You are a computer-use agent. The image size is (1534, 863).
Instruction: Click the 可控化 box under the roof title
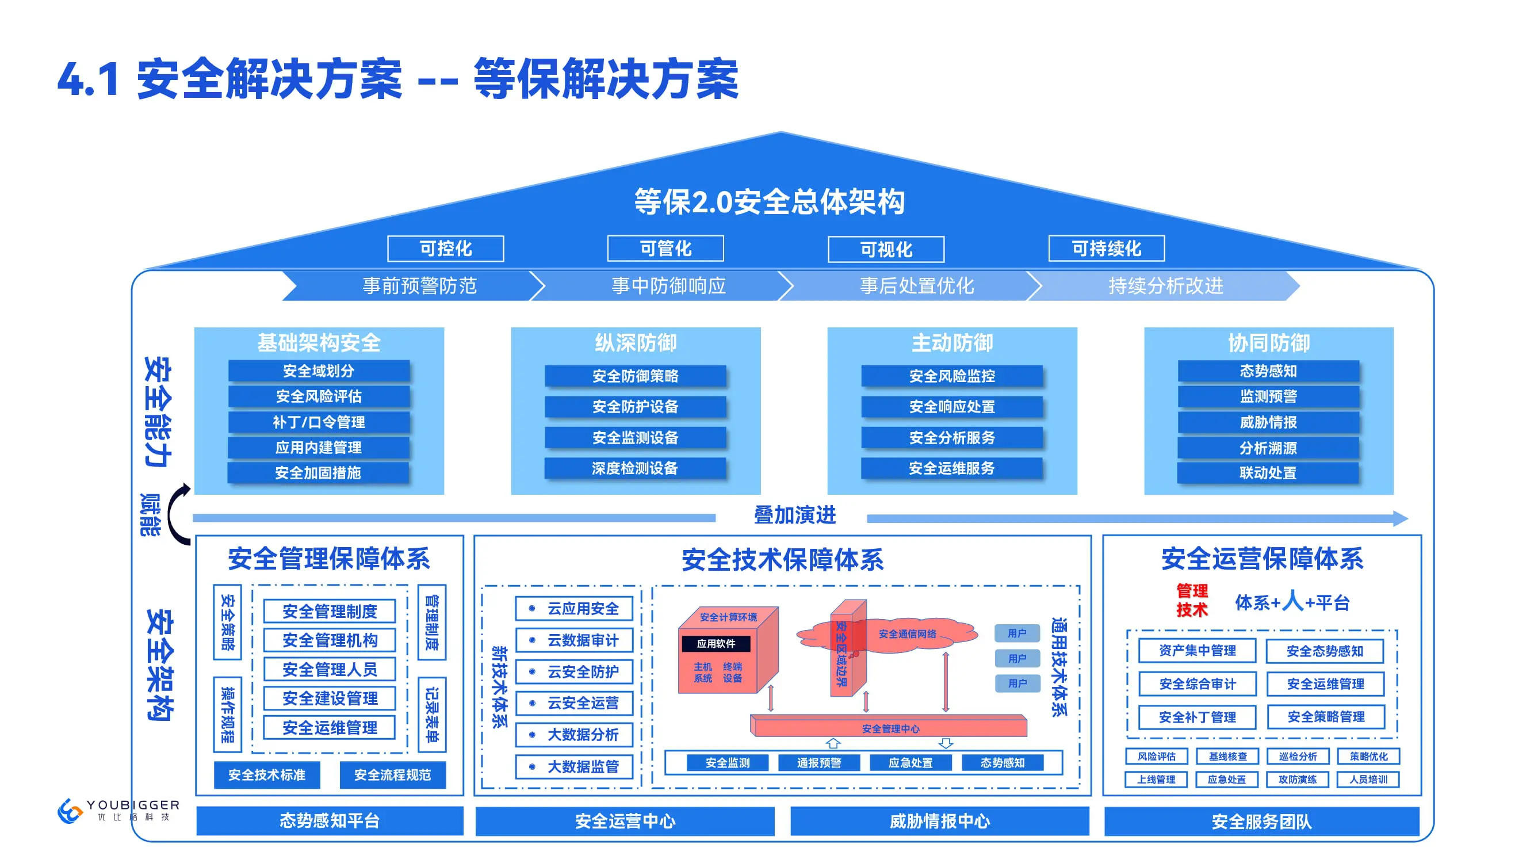[x=445, y=249]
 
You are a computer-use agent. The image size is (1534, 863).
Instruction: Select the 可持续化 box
[x=1106, y=249]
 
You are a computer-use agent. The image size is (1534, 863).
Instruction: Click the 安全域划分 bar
[x=319, y=371]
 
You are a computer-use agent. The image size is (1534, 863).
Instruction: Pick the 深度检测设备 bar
[x=635, y=468]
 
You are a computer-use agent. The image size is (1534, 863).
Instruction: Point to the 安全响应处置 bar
[x=951, y=407]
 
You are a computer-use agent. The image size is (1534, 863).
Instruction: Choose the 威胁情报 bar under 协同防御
[x=1268, y=422]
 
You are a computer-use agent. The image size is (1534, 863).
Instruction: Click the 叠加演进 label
[x=794, y=515]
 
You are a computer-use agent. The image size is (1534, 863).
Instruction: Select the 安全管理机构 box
[x=330, y=640]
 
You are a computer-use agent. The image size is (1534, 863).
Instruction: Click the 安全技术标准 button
[x=267, y=775]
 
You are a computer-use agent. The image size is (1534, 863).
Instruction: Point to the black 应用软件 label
[x=716, y=644]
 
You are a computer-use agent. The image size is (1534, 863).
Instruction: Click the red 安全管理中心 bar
[x=890, y=728]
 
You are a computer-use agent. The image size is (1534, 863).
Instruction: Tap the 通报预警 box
[x=819, y=763]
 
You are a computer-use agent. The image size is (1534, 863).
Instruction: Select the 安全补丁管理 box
[x=1197, y=717]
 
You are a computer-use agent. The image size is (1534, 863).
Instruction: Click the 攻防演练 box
[x=1298, y=780]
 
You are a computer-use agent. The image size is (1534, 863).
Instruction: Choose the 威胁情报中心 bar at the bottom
[x=939, y=822]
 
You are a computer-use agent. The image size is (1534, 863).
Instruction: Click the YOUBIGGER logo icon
[x=70, y=811]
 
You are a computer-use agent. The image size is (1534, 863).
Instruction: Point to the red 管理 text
[x=1192, y=591]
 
